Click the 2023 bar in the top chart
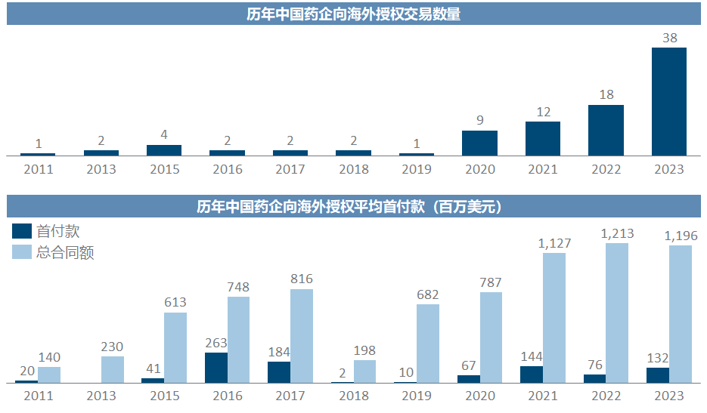click(x=668, y=102)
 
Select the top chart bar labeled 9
click(x=479, y=143)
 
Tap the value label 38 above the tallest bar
click(x=669, y=37)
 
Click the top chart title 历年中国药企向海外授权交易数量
click(x=353, y=14)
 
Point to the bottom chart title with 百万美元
click(x=353, y=206)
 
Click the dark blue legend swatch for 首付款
click(x=23, y=231)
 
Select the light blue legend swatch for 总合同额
click(x=23, y=251)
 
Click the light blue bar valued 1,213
click(x=617, y=313)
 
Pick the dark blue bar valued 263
click(x=216, y=368)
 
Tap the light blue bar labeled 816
click(x=302, y=336)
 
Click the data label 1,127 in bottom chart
click(x=554, y=243)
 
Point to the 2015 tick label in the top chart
click(x=164, y=169)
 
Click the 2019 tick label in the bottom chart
click(x=417, y=396)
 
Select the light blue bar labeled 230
click(x=113, y=369)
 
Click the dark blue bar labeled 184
click(x=279, y=372)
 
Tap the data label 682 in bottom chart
click(x=427, y=294)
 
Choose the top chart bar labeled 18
click(x=606, y=130)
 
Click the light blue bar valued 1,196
click(x=680, y=314)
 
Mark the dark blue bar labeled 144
click(x=532, y=374)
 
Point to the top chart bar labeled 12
click(x=543, y=138)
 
